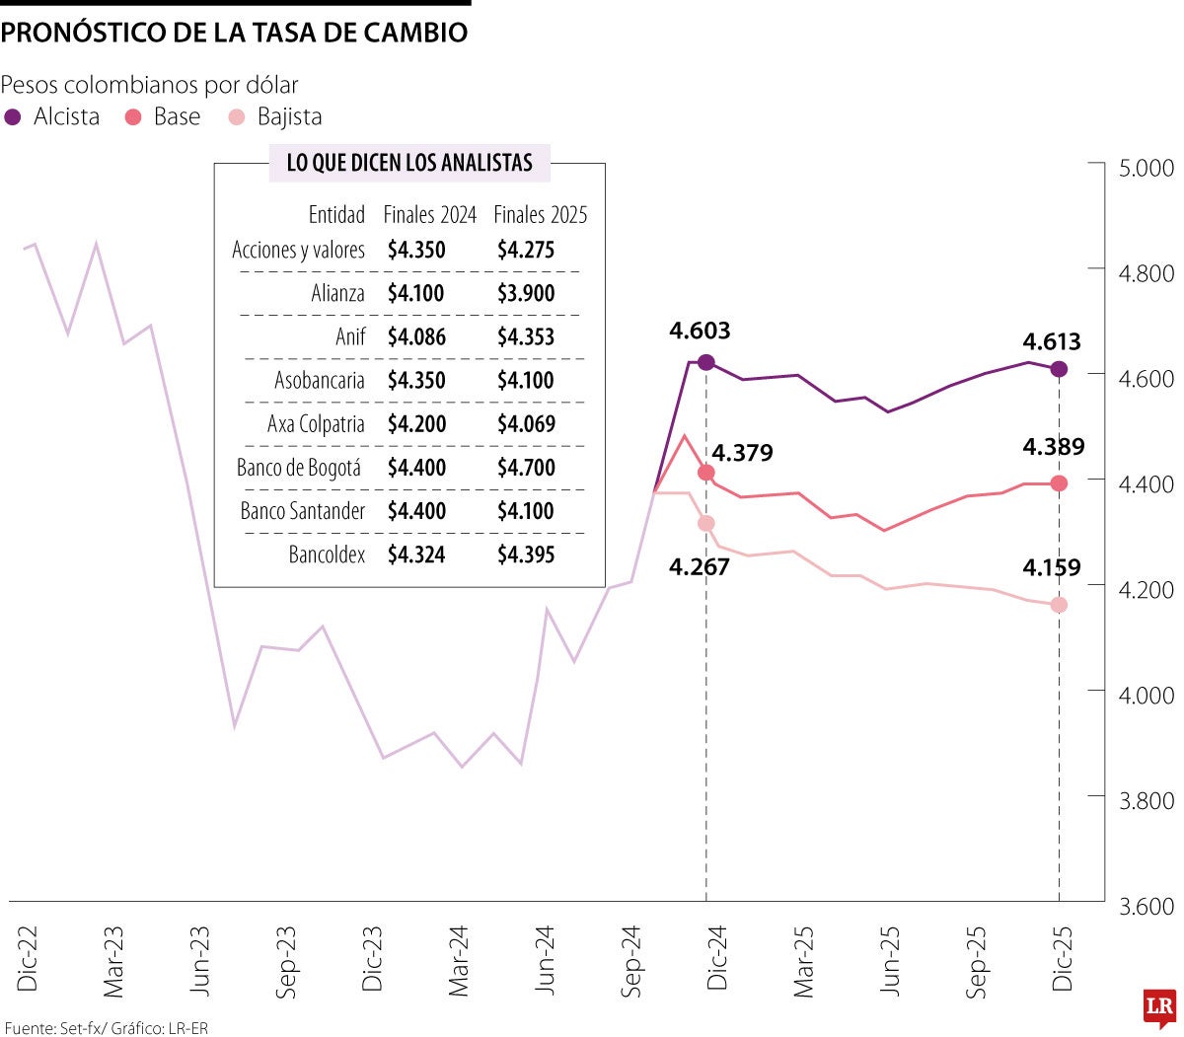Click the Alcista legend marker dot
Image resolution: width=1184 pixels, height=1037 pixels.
coord(13,117)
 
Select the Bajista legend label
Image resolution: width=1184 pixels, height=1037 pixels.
coord(289,117)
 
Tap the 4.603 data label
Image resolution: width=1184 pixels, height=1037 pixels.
coord(700,331)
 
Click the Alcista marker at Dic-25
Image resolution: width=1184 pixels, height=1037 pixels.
coord(1059,369)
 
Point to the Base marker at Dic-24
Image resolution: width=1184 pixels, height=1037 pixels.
coord(705,473)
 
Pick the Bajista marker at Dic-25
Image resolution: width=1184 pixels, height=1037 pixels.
coord(1059,605)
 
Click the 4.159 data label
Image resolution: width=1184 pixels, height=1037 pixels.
coord(1052,567)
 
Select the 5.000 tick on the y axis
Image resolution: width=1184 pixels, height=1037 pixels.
coord(1146,168)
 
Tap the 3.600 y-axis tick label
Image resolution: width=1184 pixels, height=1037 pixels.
coord(1146,906)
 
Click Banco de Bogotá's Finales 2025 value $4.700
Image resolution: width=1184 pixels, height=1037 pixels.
coord(526,468)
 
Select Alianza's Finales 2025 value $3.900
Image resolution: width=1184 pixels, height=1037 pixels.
coord(526,293)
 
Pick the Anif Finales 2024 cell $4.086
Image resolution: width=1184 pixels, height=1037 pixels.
coord(415,336)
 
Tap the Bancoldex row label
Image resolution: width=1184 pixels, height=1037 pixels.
coord(327,555)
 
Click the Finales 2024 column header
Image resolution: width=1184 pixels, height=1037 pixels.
coord(429,215)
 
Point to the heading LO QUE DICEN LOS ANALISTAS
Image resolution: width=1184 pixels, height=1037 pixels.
coord(409,163)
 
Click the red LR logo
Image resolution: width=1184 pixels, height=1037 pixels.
coord(1159,1007)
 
